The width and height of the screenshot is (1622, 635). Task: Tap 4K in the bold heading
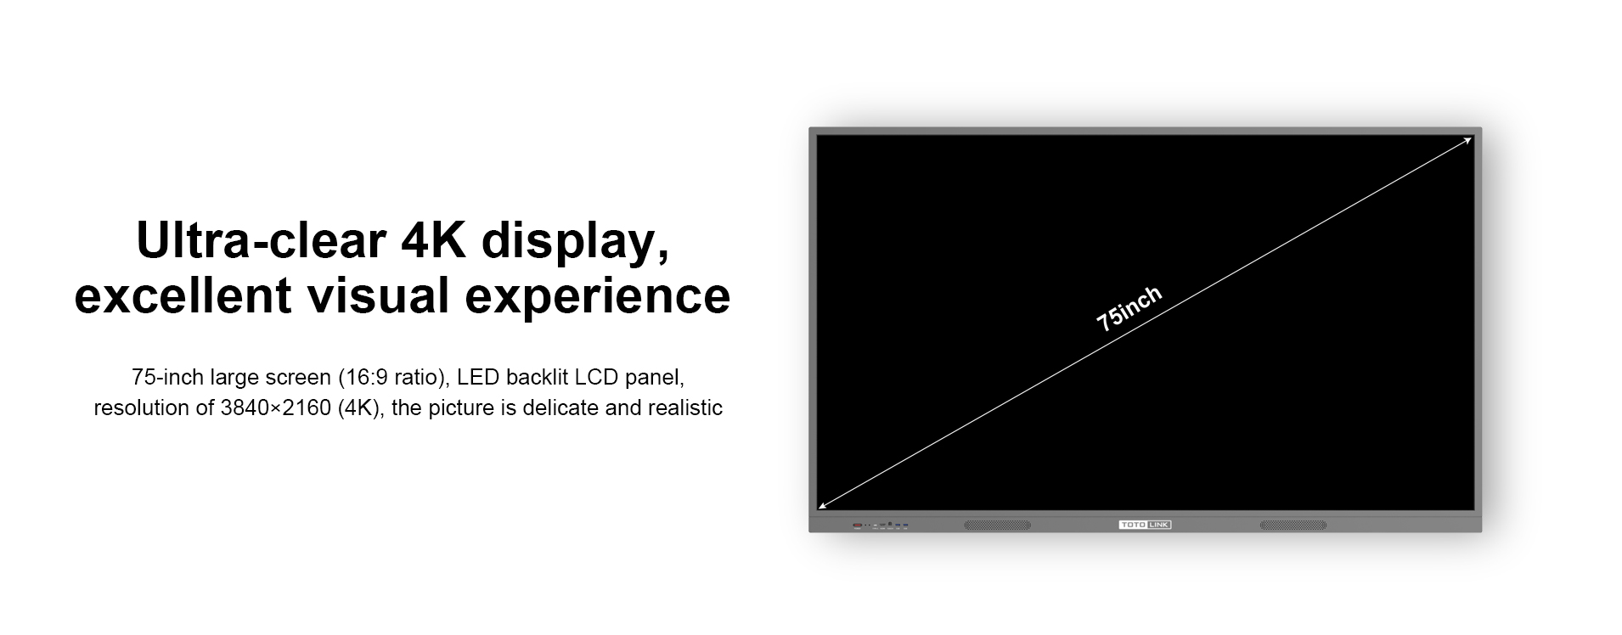point(433,240)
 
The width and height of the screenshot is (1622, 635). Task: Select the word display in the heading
point(575,243)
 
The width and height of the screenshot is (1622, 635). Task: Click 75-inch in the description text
point(167,377)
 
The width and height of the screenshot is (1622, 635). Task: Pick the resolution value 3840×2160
point(275,408)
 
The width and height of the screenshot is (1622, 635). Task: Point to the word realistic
point(685,408)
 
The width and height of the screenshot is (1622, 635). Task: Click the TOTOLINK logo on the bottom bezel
point(1145,525)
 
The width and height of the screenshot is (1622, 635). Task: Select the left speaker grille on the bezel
point(997,525)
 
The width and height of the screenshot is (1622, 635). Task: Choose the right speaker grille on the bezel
point(1293,525)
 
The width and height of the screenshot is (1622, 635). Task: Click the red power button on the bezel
point(858,525)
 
